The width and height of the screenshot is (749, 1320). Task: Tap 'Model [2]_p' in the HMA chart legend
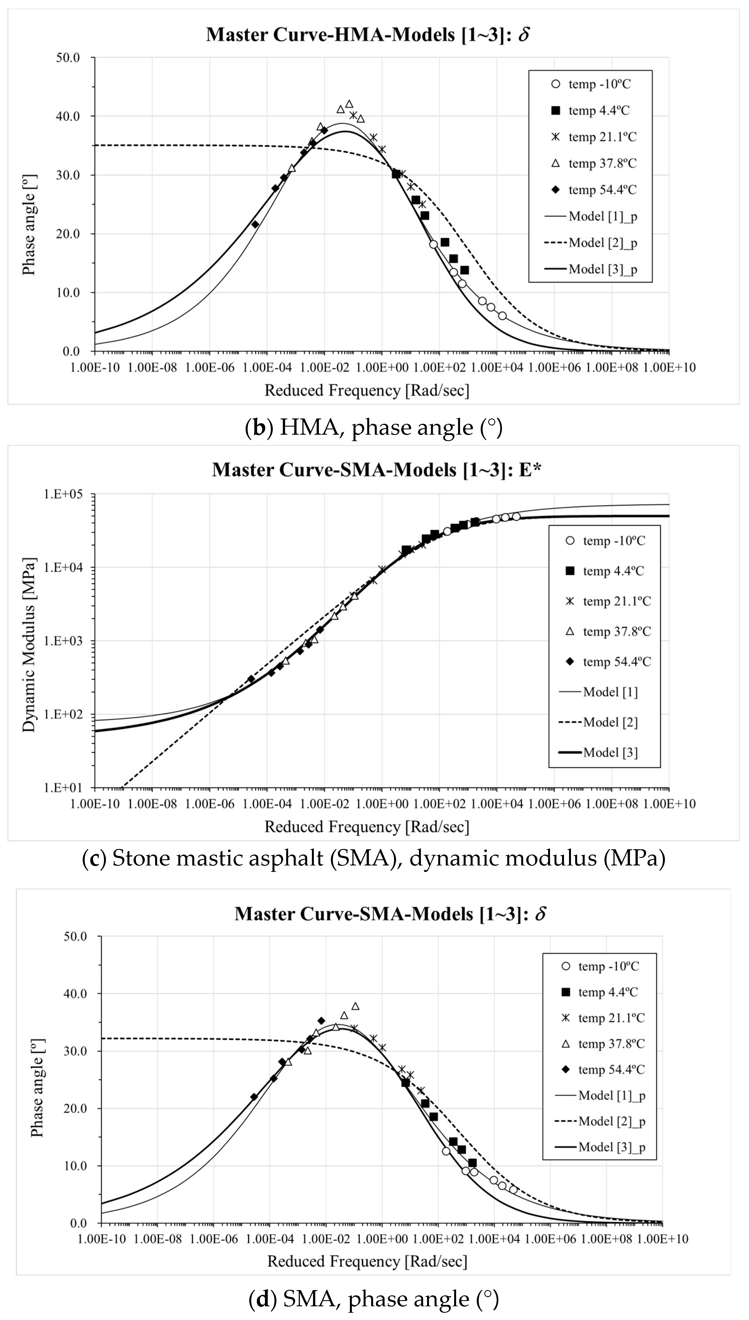pos(602,243)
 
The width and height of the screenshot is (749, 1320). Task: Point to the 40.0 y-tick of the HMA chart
pos(68,116)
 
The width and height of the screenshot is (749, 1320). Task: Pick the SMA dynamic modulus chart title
pos(376,470)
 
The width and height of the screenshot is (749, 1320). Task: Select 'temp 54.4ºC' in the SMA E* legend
pos(616,662)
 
